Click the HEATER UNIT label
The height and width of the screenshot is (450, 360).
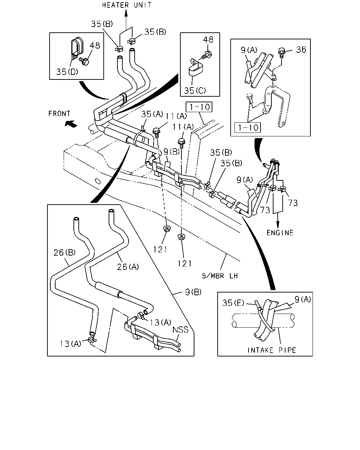tap(127, 5)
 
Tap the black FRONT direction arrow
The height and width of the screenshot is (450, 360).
tap(71, 124)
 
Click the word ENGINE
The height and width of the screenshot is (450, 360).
tap(280, 233)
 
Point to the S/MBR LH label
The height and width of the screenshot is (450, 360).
tap(220, 276)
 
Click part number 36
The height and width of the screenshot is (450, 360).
tap(301, 50)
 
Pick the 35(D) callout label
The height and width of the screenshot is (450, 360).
tap(67, 72)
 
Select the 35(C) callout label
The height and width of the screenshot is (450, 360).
tap(195, 91)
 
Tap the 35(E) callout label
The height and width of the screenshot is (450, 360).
tap(233, 303)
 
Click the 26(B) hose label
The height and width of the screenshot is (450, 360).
tap(64, 253)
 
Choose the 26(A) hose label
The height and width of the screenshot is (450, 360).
tap(128, 267)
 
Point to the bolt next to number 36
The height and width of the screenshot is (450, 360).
tap(282, 52)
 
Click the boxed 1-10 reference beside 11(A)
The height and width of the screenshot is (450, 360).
tap(199, 107)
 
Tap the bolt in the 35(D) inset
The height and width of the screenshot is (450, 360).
tap(84, 61)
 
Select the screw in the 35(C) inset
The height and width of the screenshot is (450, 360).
tap(207, 55)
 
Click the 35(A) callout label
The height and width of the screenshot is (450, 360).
tap(152, 114)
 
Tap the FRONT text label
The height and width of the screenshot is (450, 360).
tap(59, 114)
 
